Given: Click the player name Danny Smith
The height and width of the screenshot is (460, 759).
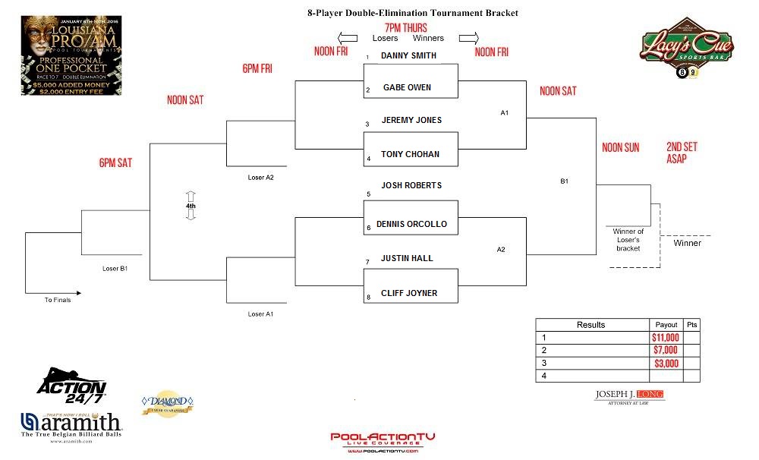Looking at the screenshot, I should click(408, 55).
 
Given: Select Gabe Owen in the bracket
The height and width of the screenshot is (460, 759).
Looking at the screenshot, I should click(407, 88).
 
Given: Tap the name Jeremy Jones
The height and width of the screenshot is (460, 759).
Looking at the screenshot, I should click(411, 121).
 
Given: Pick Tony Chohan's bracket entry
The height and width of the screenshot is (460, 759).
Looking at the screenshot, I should click(410, 155).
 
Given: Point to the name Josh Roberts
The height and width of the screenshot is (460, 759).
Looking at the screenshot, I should click(411, 186).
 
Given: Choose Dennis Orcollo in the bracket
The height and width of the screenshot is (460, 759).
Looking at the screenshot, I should click(411, 225).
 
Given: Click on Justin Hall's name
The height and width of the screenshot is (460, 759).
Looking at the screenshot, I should click(407, 259).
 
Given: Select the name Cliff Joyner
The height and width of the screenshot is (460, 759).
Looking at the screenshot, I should click(409, 294).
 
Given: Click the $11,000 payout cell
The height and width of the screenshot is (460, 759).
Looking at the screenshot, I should click(665, 338).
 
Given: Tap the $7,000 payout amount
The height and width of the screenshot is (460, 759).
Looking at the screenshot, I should click(665, 351).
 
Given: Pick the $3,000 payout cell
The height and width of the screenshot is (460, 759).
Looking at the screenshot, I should click(665, 364).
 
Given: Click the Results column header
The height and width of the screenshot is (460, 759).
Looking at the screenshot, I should click(591, 325).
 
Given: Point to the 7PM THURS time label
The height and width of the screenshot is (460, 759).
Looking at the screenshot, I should click(405, 27).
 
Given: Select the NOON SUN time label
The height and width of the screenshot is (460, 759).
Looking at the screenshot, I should click(620, 148).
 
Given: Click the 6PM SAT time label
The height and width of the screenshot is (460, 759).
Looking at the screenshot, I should click(115, 163).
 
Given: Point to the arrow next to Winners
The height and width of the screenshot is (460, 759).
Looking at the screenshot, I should click(468, 38).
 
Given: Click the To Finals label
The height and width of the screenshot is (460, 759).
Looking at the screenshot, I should click(58, 301).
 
